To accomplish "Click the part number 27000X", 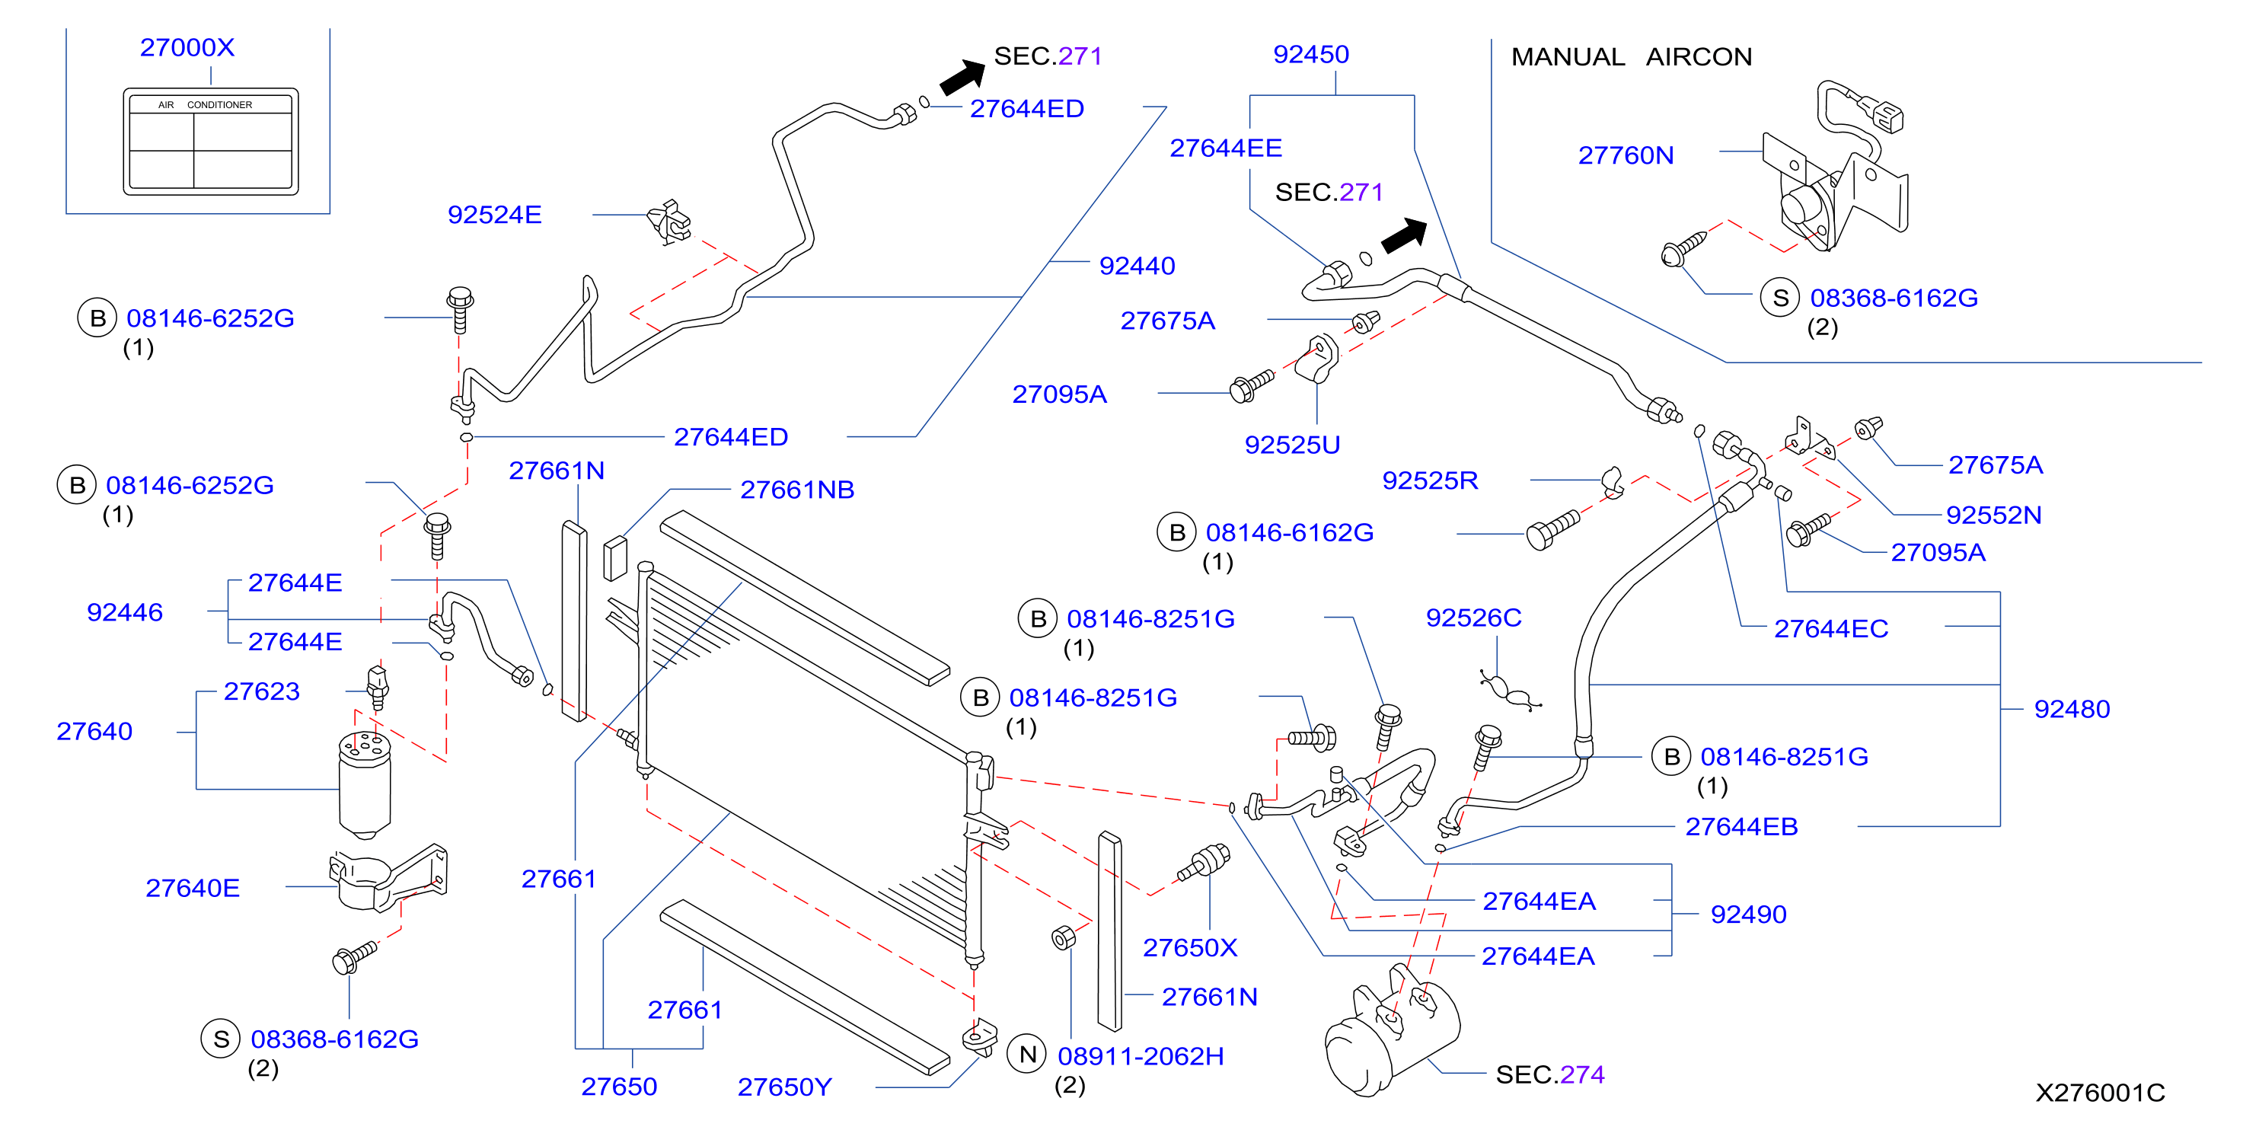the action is (x=187, y=47).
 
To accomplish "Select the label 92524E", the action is (x=495, y=215).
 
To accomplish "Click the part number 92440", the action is (x=1137, y=266).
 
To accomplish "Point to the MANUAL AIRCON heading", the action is (x=1631, y=57).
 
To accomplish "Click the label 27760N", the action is (x=1626, y=155).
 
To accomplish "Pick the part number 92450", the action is (x=1311, y=54).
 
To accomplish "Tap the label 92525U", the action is (x=1293, y=445).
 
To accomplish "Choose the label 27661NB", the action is (x=797, y=490).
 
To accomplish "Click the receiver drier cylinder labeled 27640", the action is (x=365, y=783).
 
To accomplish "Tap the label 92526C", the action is (x=1473, y=618).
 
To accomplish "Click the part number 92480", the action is (x=2072, y=709).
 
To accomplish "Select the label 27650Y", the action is (x=784, y=1087).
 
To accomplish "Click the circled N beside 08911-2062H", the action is (x=1028, y=1055).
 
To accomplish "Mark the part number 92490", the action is (x=1749, y=915).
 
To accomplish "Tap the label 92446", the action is (x=125, y=612).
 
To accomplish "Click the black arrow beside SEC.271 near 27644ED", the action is (x=963, y=76).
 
